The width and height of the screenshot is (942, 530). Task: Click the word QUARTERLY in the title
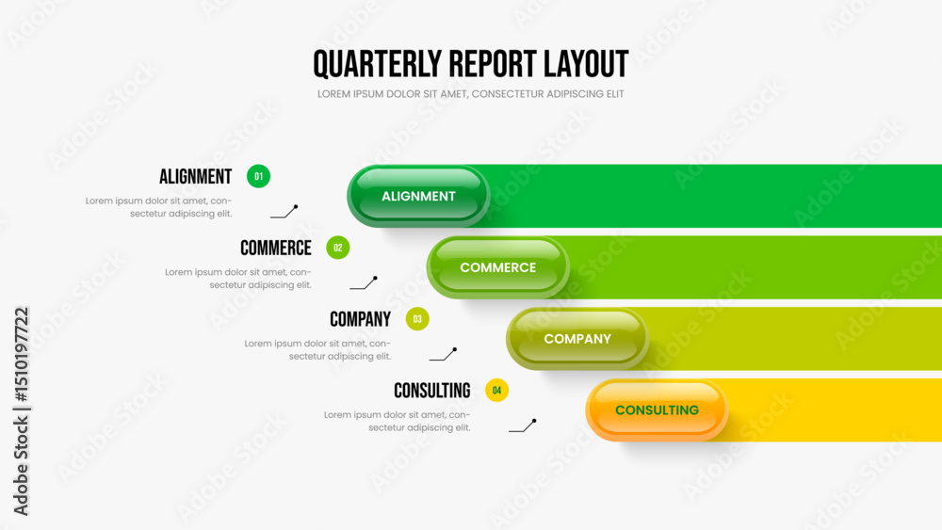tap(378, 64)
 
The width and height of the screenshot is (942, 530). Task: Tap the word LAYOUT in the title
tap(586, 64)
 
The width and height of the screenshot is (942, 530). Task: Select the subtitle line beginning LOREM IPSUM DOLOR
tap(470, 94)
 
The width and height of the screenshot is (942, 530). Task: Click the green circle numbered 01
tap(258, 176)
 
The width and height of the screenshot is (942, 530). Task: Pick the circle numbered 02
tap(337, 248)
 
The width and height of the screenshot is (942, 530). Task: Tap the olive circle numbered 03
tap(417, 319)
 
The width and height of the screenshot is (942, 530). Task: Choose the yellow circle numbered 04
tap(496, 391)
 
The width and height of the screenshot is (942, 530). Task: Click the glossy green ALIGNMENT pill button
tap(418, 196)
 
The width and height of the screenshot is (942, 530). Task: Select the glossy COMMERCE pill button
tap(498, 267)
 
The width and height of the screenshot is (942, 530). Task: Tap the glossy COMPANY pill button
tap(577, 339)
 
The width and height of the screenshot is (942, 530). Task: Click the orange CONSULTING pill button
tap(657, 410)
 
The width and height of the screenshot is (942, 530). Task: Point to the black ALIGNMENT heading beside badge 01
tap(195, 177)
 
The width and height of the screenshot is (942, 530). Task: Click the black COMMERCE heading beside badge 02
tap(276, 249)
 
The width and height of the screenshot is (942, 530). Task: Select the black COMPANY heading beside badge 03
tap(361, 320)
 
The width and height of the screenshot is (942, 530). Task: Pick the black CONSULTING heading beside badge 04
tap(432, 392)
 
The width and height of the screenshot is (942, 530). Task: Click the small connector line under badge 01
tap(284, 213)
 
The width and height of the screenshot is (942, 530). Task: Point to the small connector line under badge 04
tap(523, 426)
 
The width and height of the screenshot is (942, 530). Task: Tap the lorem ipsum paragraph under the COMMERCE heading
tap(238, 279)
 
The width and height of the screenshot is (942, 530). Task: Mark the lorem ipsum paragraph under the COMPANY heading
tap(317, 350)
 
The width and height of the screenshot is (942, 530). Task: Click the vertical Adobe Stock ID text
tap(21, 411)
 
